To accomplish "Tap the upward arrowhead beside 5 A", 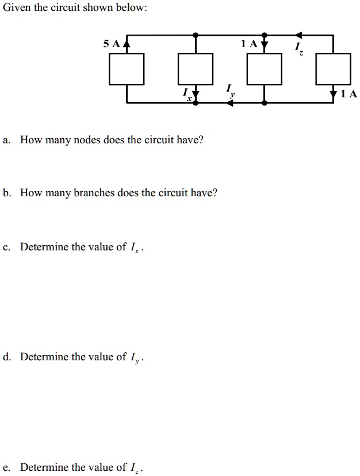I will click(x=127, y=43).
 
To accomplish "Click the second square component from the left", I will click(x=196, y=68).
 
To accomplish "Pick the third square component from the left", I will click(x=265, y=68).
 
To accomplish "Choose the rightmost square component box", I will click(x=334, y=68).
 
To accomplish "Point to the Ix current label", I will click(x=186, y=94).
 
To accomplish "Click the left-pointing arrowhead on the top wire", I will click(x=299, y=35).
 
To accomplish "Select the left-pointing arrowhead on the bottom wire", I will click(x=230, y=102).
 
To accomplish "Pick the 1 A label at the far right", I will click(x=348, y=94).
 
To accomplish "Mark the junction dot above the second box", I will click(x=196, y=35).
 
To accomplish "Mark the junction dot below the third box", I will click(x=265, y=102).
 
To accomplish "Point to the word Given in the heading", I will click(x=16, y=9).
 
